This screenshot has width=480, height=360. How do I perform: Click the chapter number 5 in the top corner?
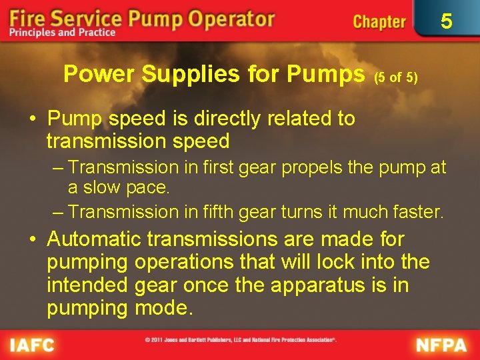(447, 21)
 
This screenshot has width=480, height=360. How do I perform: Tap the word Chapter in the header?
(379, 21)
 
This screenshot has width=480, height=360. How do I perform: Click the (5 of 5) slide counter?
(396, 77)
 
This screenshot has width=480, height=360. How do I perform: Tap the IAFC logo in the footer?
(32, 345)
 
